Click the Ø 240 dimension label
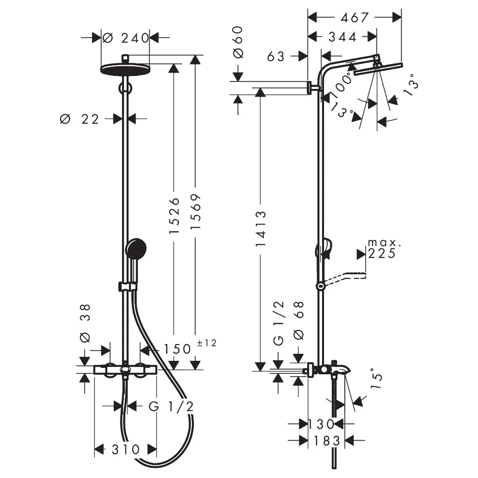click(125, 38)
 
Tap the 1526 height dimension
click(174, 216)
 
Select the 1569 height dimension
click(196, 211)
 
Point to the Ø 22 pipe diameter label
click(79, 119)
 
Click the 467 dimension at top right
click(355, 18)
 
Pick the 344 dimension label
click(342, 37)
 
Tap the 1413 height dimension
click(261, 228)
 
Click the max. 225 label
click(383, 249)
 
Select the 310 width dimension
click(126, 449)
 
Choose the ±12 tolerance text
click(206, 343)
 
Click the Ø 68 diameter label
click(299, 320)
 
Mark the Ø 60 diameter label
click(238, 42)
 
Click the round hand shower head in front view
click(136, 248)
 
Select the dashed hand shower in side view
click(345, 278)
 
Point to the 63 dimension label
click(276, 56)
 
